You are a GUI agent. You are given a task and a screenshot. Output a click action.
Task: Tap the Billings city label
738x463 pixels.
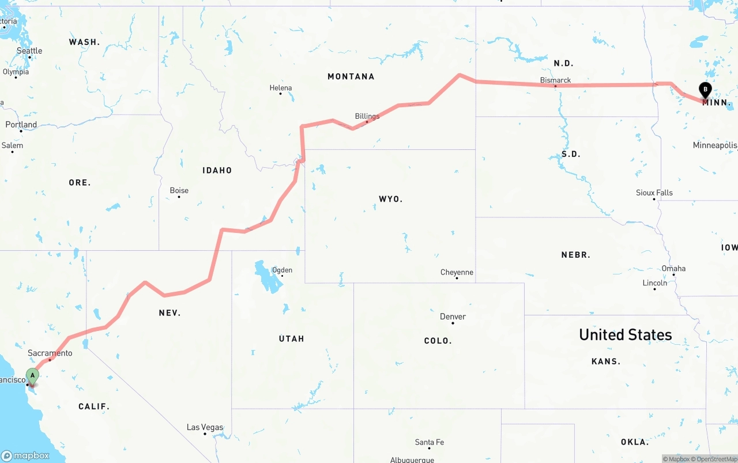[x=367, y=116]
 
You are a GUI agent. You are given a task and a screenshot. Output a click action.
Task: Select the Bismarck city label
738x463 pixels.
[x=555, y=80]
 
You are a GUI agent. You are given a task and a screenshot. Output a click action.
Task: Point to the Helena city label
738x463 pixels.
[x=281, y=88]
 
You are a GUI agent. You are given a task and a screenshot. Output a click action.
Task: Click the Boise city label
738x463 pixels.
[x=179, y=191]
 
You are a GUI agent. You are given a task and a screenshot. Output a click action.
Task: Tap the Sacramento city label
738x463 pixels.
[x=50, y=353]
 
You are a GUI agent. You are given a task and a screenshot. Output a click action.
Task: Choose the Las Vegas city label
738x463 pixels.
[x=205, y=427]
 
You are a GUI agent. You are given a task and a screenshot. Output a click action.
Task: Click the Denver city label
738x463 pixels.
[x=453, y=317]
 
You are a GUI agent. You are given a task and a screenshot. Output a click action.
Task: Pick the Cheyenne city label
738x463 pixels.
[x=457, y=272]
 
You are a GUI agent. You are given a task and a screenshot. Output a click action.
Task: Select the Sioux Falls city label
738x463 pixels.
[x=654, y=193]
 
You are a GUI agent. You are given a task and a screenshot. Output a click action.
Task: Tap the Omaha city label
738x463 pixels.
[x=673, y=268]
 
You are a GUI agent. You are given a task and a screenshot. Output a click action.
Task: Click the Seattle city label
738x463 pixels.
[x=29, y=51]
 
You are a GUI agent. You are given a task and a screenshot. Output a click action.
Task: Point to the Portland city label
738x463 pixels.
[x=21, y=125]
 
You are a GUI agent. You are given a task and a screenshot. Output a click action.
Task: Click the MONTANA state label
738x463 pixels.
[x=351, y=76]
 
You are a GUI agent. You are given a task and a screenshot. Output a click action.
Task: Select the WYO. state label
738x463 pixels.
[x=390, y=199]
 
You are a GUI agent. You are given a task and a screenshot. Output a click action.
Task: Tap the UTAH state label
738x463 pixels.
[x=291, y=338]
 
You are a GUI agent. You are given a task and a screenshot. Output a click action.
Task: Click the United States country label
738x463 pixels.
[x=625, y=334]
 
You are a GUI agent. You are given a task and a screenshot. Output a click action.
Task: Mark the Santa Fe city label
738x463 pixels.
[x=430, y=442]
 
